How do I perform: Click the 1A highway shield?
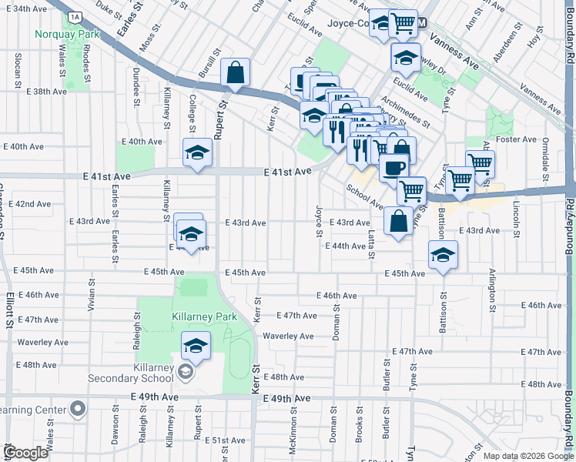click(74, 16)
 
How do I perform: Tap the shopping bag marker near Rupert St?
click(236, 72)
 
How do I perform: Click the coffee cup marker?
click(394, 166)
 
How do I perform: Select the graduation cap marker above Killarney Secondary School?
click(196, 346)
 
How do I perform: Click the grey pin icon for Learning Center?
click(77, 409)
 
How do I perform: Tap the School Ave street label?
click(364, 196)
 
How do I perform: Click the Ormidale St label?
click(544, 158)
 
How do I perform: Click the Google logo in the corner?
click(26, 453)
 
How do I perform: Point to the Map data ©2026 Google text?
click(527, 456)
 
